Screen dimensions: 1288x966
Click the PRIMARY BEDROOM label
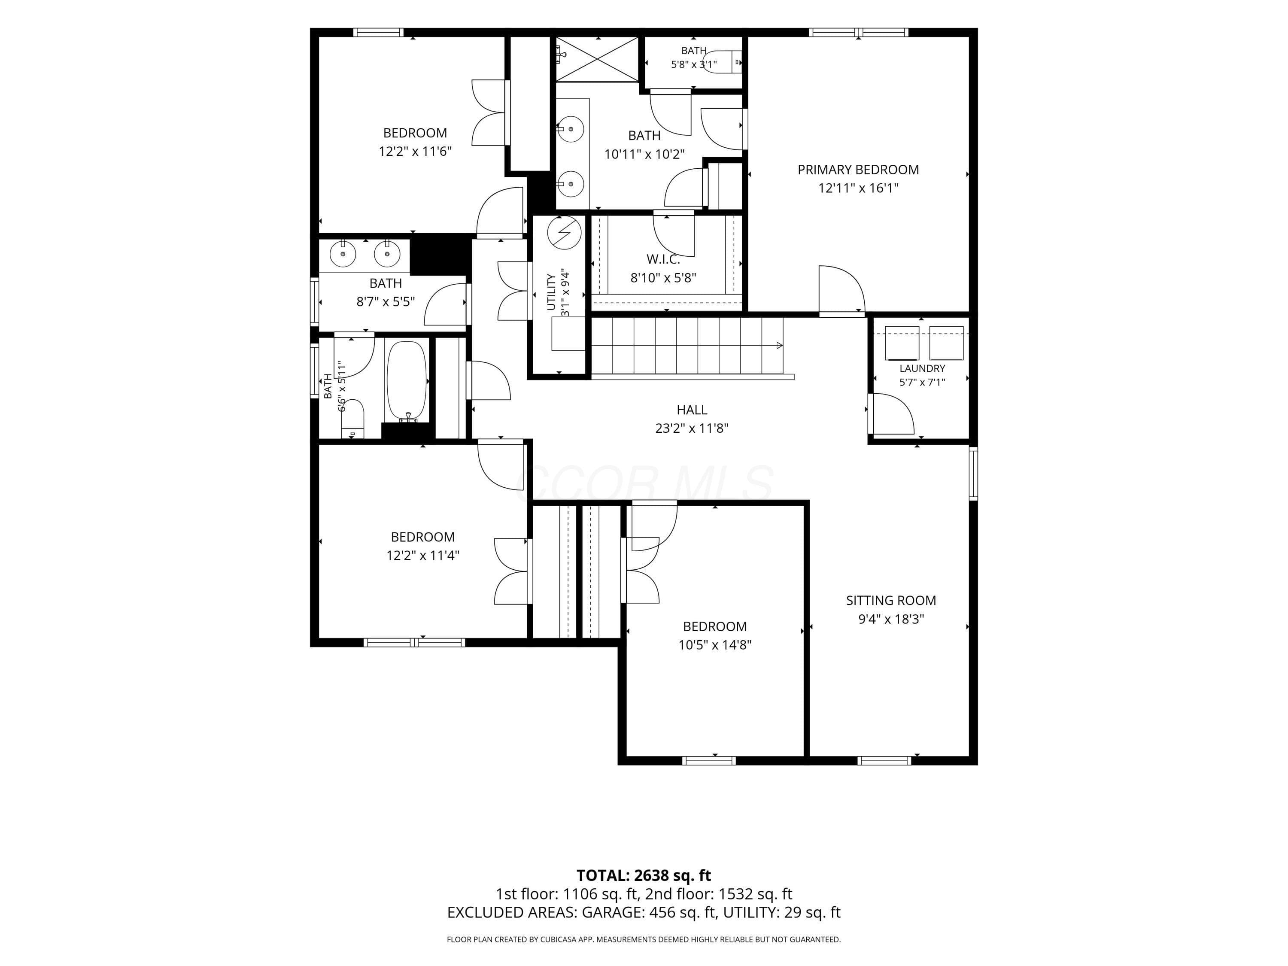click(858, 170)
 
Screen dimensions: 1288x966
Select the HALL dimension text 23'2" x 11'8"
click(692, 428)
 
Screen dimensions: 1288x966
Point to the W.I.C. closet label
click(663, 260)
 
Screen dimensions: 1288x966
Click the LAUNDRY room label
click(922, 368)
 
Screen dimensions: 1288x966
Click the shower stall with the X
click(598, 59)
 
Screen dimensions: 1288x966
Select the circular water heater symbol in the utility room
click(564, 233)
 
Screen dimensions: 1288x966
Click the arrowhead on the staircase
click(780, 346)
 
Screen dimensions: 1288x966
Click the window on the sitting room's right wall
click(973, 474)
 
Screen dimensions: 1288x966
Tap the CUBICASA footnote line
click(644, 939)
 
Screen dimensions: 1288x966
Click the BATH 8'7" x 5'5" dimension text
click(386, 302)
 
